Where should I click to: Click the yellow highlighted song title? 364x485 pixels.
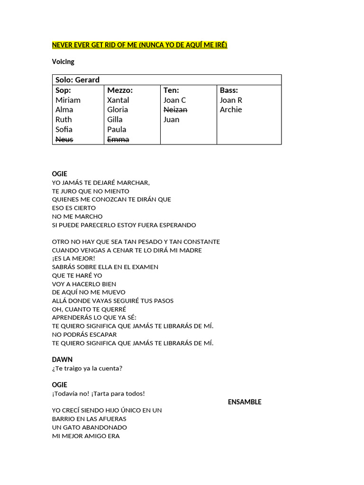pos(139,45)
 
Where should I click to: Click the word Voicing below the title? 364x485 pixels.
pos(63,62)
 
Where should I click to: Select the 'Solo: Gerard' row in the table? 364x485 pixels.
pos(78,80)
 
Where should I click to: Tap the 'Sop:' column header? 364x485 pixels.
pos(63,90)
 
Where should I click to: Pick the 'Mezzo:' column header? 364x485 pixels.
pos(120,90)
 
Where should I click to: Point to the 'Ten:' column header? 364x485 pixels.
pos(171,90)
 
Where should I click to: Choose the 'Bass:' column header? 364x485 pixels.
pos(229,90)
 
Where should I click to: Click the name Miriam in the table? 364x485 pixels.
pos(68,100)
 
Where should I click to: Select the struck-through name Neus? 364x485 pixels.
pos(64,139)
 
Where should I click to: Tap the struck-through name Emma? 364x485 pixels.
pos(118,139)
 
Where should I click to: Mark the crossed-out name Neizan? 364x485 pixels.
pos(175,109)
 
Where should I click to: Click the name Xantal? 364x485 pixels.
pos(118,100)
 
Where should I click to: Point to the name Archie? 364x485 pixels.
pos(231,109)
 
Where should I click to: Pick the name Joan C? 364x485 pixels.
pos(174,100)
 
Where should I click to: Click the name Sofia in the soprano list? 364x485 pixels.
pos(64,129)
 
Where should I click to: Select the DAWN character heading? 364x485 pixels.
pos(62,359)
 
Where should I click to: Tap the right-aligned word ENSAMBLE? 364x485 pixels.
pos(245,402)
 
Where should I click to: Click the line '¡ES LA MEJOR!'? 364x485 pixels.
pos(73,258)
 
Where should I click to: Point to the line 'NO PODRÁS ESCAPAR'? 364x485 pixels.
pos(84,334)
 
